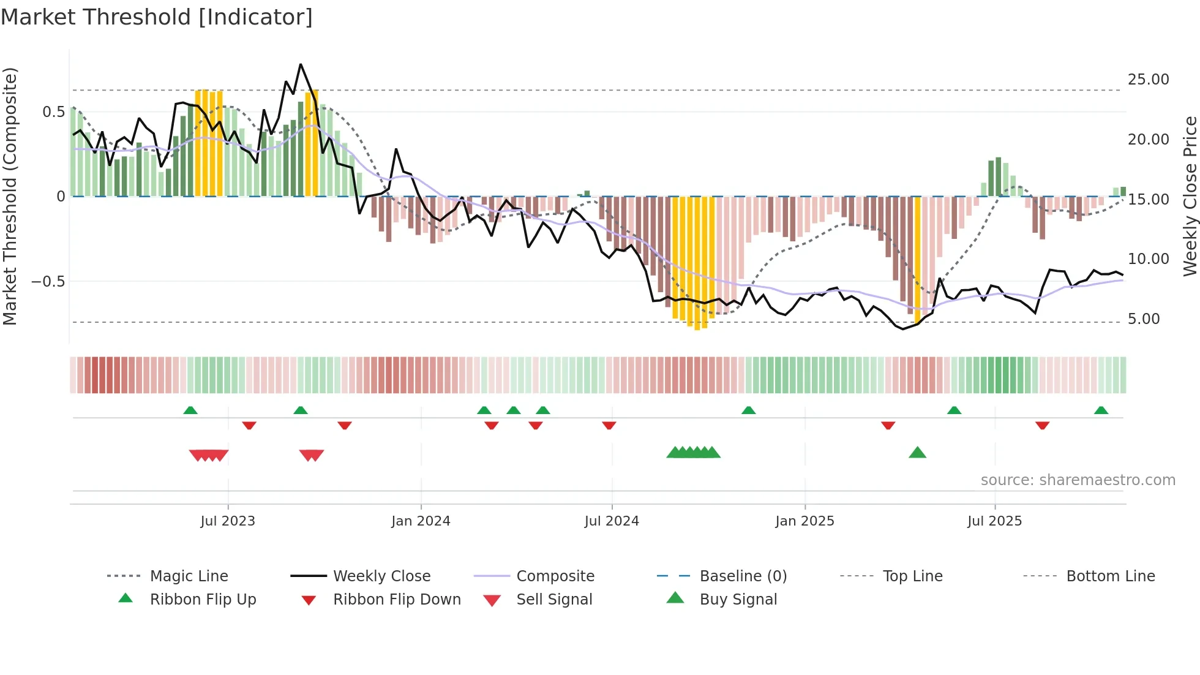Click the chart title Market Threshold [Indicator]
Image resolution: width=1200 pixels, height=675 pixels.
pos(157,17)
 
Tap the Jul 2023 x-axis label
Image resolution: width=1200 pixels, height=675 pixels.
pos(227,521)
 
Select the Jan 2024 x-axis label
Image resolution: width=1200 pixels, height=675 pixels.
pos(421,521)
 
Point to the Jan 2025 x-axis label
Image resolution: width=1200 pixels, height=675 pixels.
pos(804,521)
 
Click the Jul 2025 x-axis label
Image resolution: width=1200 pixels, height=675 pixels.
pos(994,521)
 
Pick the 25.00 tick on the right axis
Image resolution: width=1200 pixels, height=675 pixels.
pos(1148,80)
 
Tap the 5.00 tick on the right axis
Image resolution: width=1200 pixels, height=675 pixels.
pos(1143,319)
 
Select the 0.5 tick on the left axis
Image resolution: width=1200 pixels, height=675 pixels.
pos(53,112)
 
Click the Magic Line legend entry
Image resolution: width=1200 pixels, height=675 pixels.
pos(189,576)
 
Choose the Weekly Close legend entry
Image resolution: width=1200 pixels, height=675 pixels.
pos(381,576)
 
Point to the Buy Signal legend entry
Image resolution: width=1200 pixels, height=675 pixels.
pos(738,600)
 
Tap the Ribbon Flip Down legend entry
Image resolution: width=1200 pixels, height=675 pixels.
pos(396,600)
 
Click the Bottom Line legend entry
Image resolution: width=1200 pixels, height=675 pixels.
pos(1110,576)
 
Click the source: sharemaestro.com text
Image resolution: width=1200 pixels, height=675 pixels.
pos(1078,480)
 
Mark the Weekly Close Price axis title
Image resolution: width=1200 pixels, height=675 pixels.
pos(1190,196)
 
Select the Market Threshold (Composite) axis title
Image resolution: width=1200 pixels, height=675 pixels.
pos(10,196)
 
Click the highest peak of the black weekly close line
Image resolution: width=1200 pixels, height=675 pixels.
pos(301,64)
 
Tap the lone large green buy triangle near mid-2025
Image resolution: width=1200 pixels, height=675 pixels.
pos(917,453)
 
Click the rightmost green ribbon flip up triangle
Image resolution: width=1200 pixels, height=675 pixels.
pos(1101,410)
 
